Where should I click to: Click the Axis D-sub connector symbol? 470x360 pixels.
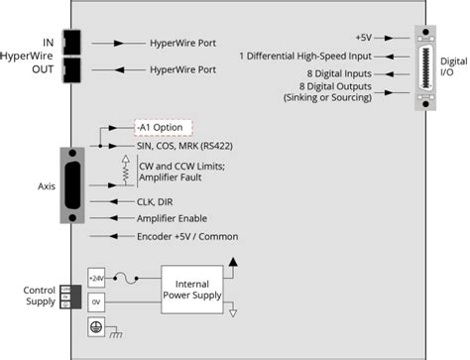[74, 181]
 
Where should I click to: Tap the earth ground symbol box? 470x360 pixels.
[97, 325]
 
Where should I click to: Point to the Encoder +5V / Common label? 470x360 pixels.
[192, 236]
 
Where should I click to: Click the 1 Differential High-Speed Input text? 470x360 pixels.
[308, 56]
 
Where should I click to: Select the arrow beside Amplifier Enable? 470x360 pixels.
[108, 218]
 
